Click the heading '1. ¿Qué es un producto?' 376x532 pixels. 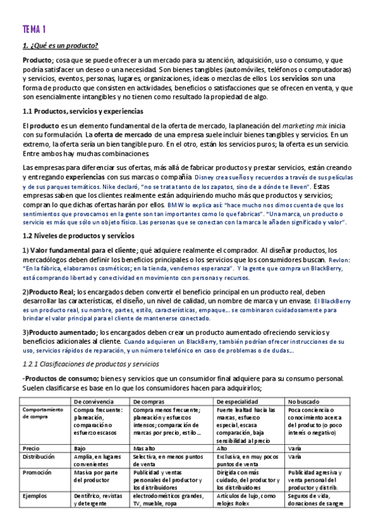tap(60, 46)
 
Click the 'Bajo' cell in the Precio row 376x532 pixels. tap(80, 449)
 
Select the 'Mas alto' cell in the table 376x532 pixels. tap(144, 449)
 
